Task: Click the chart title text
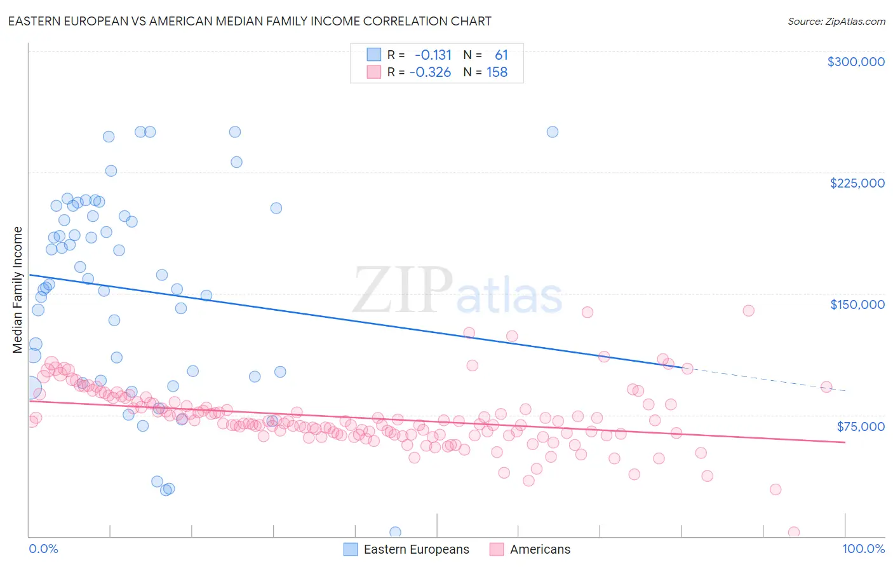coord(250,21)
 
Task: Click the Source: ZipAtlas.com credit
coord(836,21)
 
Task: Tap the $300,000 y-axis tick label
coord(856,62)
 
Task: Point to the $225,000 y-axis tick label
coord(857,183)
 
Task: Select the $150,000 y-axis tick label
coord(857,304)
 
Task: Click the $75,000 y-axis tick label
coord(860,426)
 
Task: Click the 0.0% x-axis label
coord(43,549)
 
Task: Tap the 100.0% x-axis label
coord(863,549)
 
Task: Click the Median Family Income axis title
coord(17,290)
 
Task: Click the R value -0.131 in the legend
coord(433,55)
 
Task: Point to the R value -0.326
coord(430,72)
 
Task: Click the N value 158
coord(497,72)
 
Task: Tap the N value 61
coord(501,55)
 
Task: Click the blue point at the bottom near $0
coord(395,532)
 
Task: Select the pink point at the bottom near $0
coord(793,532)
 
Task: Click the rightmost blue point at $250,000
coord(553,132)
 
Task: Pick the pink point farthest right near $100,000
coord(826,386)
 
